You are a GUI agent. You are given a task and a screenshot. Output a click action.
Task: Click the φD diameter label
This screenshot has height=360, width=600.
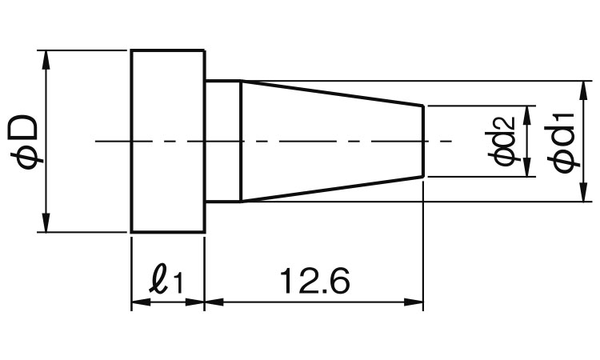click(x=23, y=142)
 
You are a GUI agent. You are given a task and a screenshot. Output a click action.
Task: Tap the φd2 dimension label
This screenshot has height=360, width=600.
click(x=502, y=141)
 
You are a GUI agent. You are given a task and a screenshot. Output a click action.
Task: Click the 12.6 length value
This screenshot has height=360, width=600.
click(x=314, y=281)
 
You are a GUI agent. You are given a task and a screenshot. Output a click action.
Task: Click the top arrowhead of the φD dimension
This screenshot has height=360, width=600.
click(x=46, y=60)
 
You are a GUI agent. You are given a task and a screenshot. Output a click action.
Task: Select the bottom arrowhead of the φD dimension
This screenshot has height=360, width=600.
click(x=46, y=222)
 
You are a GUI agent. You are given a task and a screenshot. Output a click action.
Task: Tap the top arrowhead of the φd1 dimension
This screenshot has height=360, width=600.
click(x=582, y=90)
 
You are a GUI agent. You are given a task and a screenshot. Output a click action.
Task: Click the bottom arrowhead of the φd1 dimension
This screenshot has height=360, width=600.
click(x=582, y=192)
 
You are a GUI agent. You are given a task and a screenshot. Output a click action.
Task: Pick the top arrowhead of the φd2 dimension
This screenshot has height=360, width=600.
click(x=528, y=115)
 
